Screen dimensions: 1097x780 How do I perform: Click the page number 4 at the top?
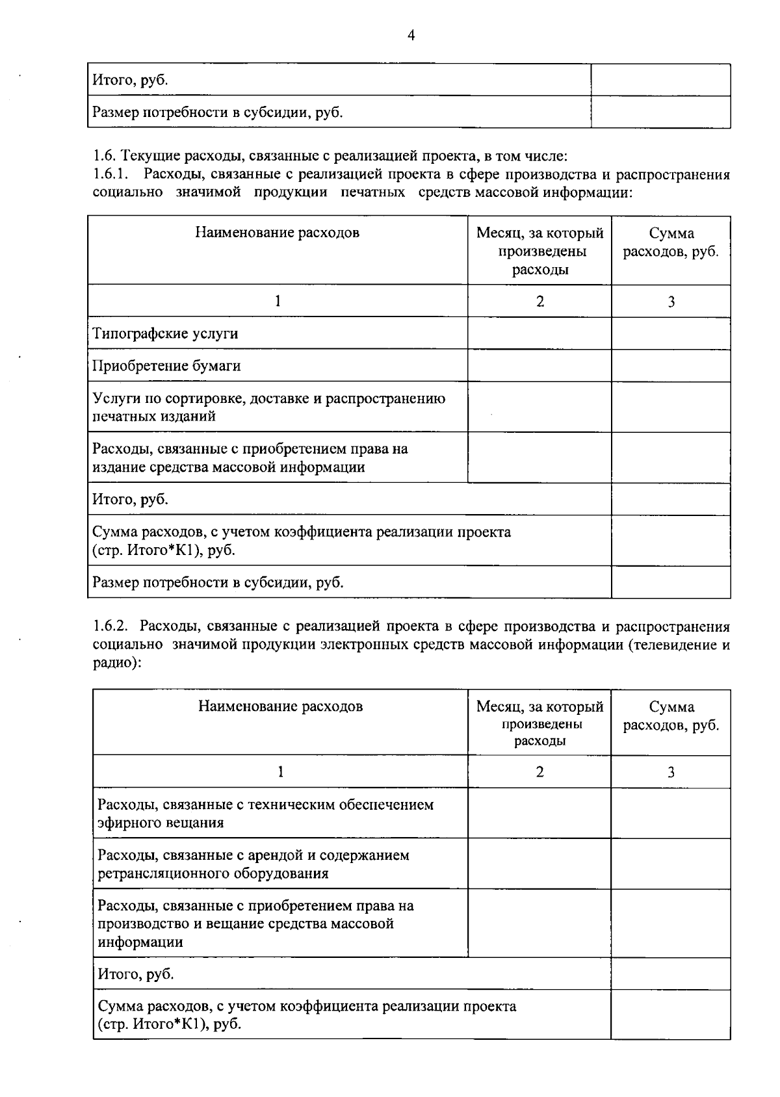tap(410, 35)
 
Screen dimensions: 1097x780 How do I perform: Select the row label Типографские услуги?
tap(165, 333)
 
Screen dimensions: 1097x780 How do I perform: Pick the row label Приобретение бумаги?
tap(166, 366)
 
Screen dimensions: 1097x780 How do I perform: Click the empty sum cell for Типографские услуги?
tap(670, 333)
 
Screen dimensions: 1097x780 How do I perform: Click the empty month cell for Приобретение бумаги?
tap(539, 366)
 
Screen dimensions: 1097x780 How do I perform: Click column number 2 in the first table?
tap(539, 302)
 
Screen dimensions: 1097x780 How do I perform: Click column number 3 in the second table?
tap(671, 772)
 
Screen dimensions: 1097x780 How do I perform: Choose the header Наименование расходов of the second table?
tap(280, 706)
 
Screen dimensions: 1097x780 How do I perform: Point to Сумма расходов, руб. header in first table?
tap(671, 242)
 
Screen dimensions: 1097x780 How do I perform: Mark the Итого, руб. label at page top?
tap(130, 80)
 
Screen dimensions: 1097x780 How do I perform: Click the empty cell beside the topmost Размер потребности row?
tap(660, 112)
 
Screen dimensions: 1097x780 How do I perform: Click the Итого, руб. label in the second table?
tap(135, 974)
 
